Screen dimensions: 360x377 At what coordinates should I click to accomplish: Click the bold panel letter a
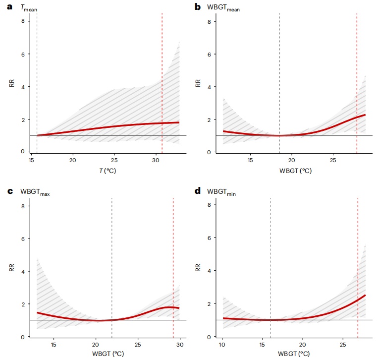coord(8,6)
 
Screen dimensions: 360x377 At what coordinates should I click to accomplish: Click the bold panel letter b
coord(198,6)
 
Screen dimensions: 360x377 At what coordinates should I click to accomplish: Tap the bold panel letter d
coord(198,191)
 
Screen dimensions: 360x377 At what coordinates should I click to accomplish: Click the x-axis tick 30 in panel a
coord(156,160)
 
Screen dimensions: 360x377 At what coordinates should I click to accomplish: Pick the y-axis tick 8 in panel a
coord(22,21)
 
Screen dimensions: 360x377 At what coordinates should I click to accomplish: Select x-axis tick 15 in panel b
coord(250,160)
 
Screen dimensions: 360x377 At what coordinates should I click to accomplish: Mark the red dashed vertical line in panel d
coord(358,268)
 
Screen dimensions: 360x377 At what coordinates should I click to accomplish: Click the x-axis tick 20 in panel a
coord(73,160)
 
